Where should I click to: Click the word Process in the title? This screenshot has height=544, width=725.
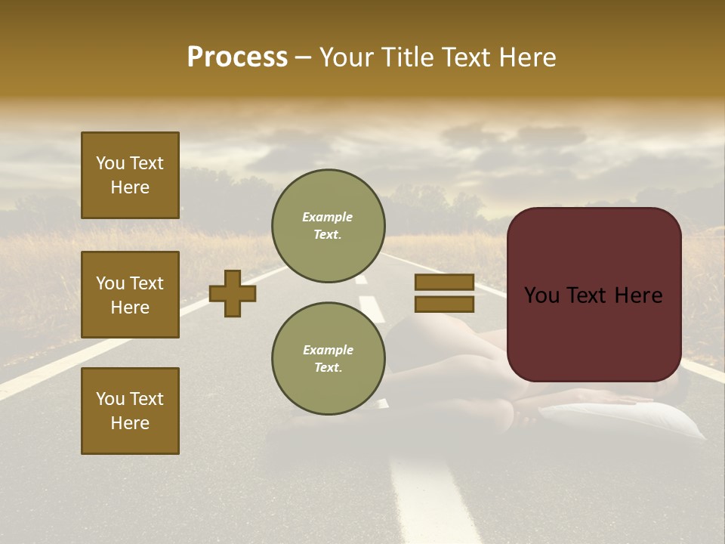[237, 57]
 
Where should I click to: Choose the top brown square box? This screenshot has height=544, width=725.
[130, 175]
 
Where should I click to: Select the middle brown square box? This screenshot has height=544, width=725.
[130, 295]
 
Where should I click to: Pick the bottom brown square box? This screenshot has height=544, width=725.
[130, 410]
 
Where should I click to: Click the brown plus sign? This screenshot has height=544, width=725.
[233, 293]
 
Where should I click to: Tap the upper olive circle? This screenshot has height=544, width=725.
[329, 226]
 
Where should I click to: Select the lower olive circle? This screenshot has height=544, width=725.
[329, 358]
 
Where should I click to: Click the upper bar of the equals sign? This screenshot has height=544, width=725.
[444, 282]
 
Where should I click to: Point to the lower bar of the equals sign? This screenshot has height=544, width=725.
[444, 304]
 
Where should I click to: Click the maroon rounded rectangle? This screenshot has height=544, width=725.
[594, 295]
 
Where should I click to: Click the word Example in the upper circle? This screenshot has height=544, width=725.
[328, 217]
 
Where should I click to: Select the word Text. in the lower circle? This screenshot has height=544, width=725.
[328, 367]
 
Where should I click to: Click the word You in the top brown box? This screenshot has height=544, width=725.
[109, 163]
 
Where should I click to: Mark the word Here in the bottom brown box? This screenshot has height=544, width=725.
[130, 423]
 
